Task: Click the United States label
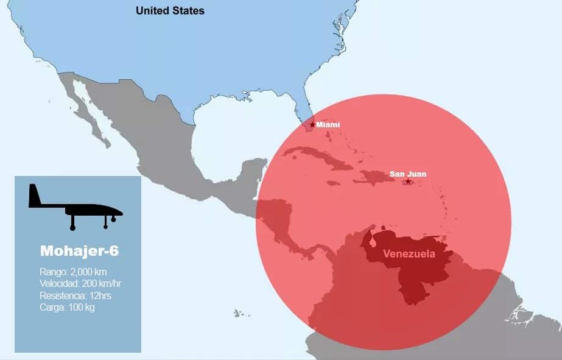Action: click(170, 10)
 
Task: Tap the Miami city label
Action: click(328, 124)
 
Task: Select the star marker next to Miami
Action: click(312, 125)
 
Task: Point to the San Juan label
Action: click(408, 174)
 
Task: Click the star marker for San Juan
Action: click(407, 182)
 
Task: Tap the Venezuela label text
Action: click(409, 254)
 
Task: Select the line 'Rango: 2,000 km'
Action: click(73, 272)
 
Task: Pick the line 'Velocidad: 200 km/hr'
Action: click(80, 284)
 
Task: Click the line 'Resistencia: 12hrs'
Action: click(76, 295)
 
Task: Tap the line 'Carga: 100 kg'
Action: click(67, 307)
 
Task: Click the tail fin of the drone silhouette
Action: click(34, 196)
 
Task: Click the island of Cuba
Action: click(317, 157)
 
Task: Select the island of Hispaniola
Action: click(374, 177)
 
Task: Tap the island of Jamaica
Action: click(333, 183)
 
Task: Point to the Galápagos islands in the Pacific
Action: click(238, 313)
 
